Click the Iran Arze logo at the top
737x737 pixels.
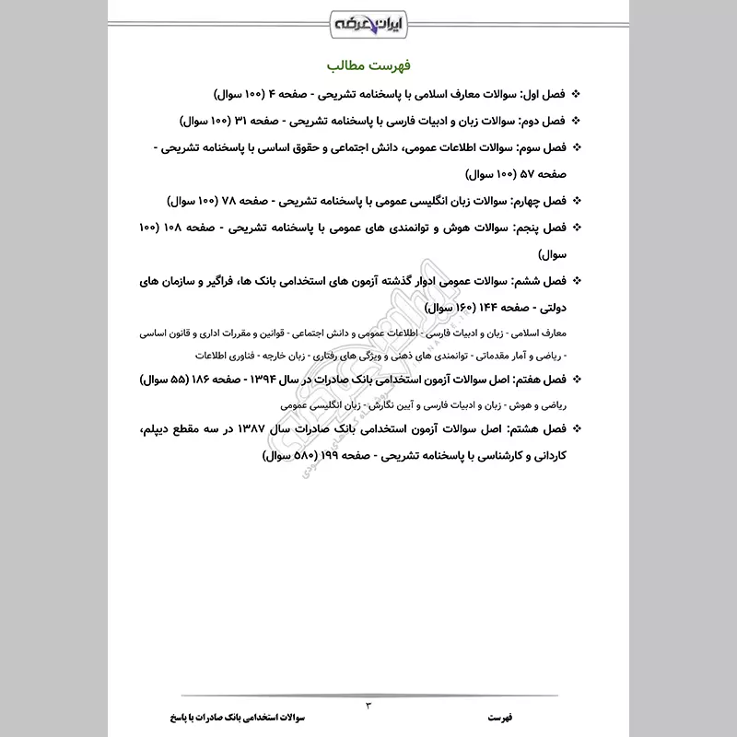368,19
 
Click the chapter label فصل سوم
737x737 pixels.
544,146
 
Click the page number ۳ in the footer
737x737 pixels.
368,705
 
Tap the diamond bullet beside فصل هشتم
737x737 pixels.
577,428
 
